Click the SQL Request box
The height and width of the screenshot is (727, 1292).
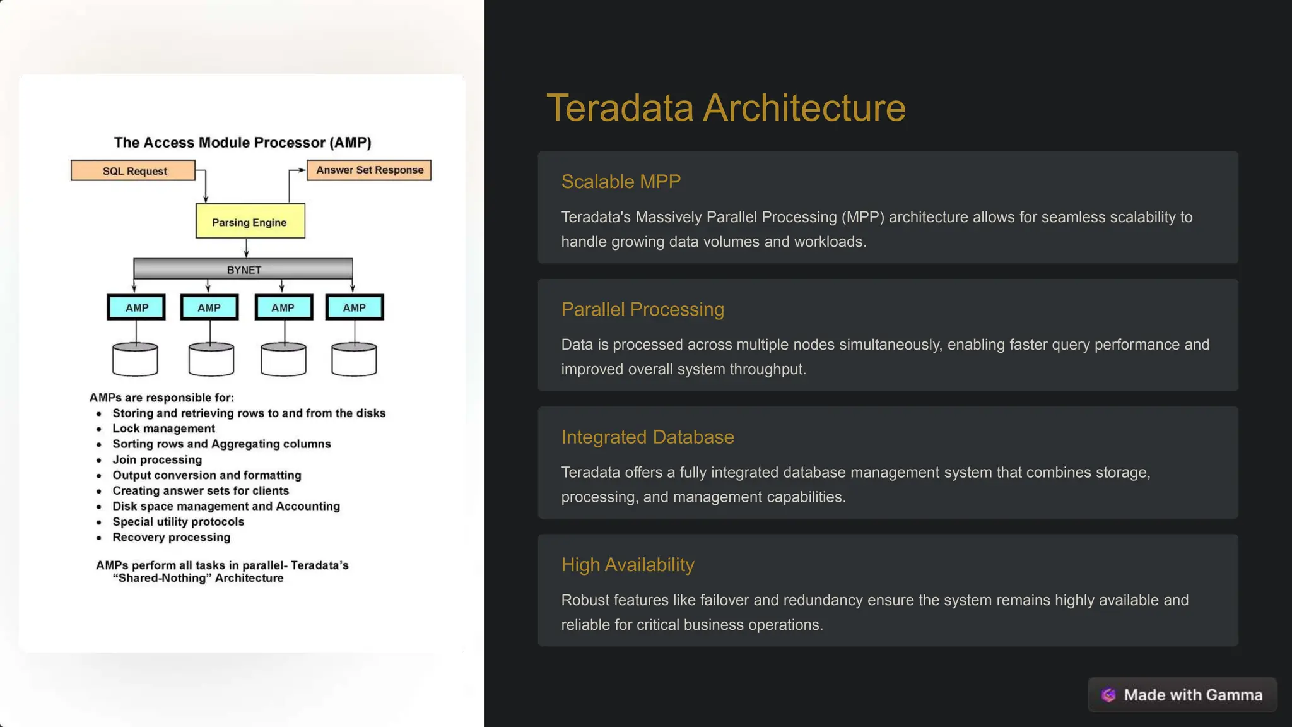133,170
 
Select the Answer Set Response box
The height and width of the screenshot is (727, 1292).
369,170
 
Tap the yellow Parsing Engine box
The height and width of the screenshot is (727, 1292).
250,222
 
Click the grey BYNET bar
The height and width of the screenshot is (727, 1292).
244,269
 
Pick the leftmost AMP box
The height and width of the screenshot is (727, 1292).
136,307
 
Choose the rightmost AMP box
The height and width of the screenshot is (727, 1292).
355,307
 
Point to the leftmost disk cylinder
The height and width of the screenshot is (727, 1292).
135,360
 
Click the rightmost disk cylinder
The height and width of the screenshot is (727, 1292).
354,360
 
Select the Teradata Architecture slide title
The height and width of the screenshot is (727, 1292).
725,107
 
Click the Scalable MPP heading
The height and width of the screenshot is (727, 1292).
621,182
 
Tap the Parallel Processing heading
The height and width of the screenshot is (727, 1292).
642,309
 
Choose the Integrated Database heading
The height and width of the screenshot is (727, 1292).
647,437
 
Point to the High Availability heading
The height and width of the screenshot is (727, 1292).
628,564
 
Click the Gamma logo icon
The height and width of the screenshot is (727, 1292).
1108,695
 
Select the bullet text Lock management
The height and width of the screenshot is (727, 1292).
163,429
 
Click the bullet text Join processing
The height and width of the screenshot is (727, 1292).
157,459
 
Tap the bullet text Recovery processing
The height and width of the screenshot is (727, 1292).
171,537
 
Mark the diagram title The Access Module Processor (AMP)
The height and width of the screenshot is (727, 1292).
242,143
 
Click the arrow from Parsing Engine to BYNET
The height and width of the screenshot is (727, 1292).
246,248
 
